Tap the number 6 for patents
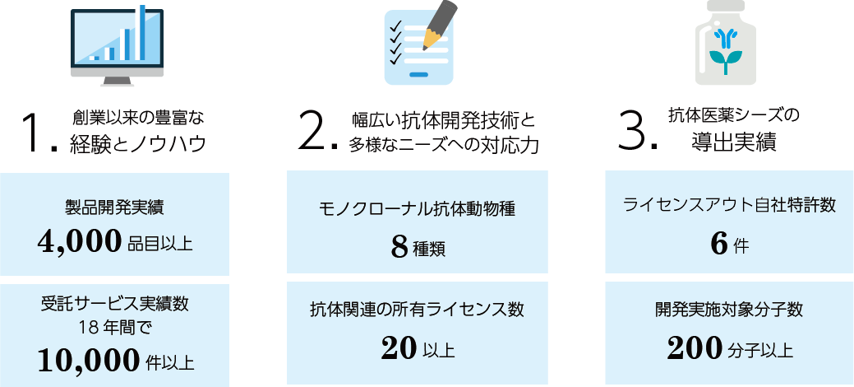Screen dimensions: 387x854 click(x=719, y=244)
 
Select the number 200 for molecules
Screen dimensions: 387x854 click(x=695, y=349)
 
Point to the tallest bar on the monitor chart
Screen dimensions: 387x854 click(x=142, y=32)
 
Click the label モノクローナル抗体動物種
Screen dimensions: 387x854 click(x=417, y=208)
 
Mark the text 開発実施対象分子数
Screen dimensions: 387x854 click(x=729, y=310)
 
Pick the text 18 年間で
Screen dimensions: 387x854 click(x=113, y=328)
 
